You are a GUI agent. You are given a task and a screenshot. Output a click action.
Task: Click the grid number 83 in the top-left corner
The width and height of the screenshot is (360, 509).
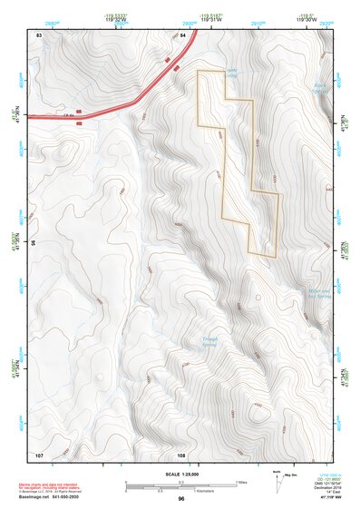pyautogui.click(x=39, y=34)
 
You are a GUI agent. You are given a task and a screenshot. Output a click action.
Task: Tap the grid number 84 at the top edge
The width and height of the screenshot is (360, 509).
pyautogui.click(x=183, y=34)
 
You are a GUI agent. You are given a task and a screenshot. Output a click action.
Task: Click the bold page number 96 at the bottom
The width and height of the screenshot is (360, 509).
pyautogui.click(x=181, y=499)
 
